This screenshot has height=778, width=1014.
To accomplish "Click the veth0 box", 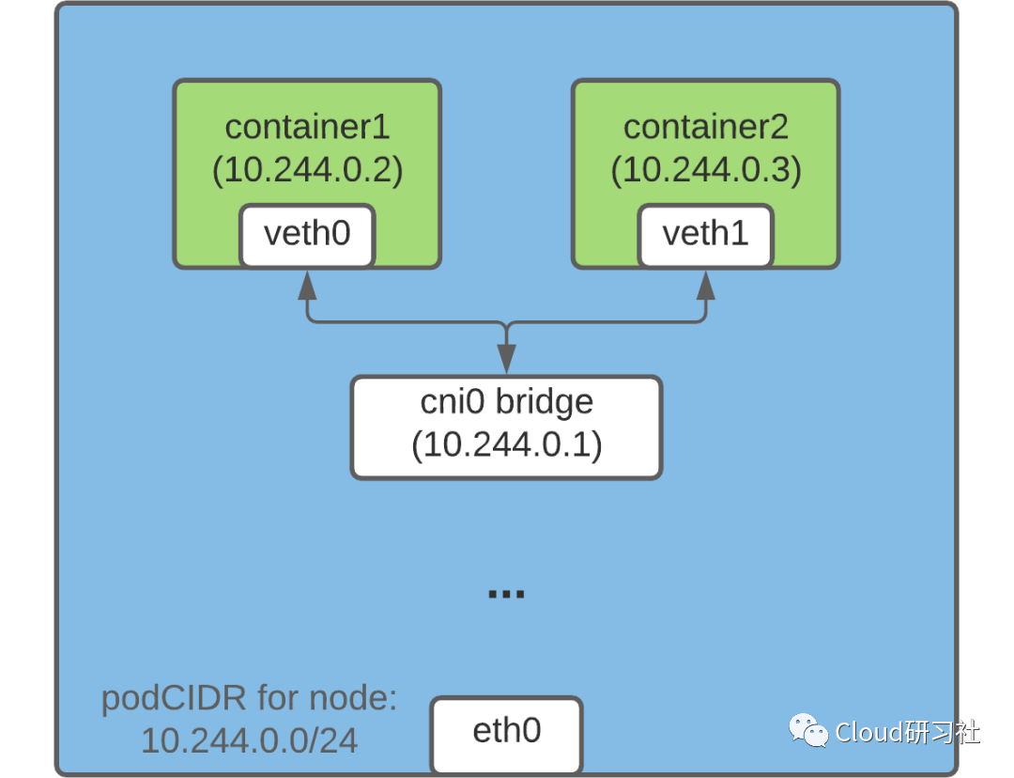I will tap(307, 235).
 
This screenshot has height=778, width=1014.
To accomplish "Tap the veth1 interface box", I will tap(706, 235).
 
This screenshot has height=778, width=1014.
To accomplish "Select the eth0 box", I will tap(506, 733).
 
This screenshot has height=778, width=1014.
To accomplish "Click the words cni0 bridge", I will tap(506, 402).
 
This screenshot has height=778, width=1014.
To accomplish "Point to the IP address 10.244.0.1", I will tap(506, 444).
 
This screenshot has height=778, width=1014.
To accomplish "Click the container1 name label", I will tap(307, 127).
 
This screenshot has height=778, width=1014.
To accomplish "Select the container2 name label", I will tap(706, 127).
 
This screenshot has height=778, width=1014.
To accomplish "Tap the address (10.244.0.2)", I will tap(307, 170).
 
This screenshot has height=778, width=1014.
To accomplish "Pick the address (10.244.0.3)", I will tap(706, 170).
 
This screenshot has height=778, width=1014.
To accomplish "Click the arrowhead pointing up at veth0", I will tap(307, 285).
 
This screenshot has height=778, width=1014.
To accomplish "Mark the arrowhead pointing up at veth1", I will tap(706, 285).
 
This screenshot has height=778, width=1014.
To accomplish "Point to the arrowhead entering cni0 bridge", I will tap(506, 358).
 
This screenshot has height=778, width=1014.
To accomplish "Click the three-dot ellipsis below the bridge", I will tap(506, 594).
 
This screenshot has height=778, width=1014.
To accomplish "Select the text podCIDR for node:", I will tap(249, 699).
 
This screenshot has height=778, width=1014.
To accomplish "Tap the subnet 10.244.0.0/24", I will tap(249, 741).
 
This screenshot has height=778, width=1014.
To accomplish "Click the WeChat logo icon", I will tap(808, 730).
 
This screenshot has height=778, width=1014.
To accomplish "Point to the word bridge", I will tap(545, 402).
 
